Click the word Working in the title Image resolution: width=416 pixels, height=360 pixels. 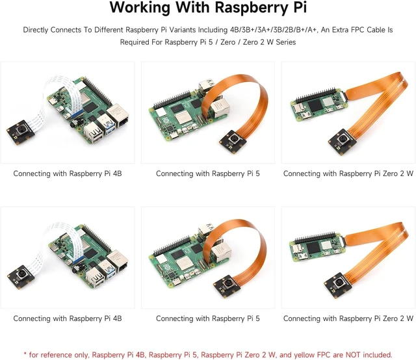coord(140,8)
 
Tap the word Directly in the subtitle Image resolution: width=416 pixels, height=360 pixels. coord(36,30)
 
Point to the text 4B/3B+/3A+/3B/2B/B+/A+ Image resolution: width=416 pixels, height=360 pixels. coord(274,30)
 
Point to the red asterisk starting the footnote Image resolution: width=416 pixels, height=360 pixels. coord(25,354)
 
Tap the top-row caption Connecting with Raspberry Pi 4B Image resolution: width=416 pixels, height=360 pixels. coord(68,174)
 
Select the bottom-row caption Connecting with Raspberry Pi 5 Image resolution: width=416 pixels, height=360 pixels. coord(208,318)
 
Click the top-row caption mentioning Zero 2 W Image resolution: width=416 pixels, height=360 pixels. coord(348,174)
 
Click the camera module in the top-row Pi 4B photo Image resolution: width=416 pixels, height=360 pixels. coord(20,132)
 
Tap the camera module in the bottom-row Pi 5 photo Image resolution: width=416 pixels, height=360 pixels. coord(227,285)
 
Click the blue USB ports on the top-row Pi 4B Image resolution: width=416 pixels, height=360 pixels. coord(109,125)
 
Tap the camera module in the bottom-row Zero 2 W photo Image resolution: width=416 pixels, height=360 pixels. coord(338,284)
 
